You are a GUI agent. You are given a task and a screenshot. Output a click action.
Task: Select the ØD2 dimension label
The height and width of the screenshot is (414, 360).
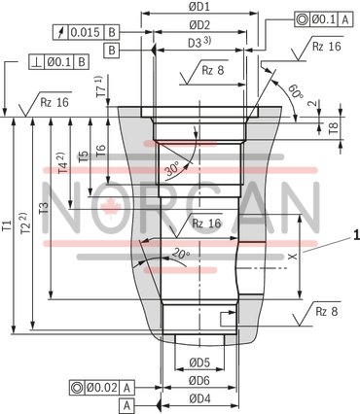(199, 24)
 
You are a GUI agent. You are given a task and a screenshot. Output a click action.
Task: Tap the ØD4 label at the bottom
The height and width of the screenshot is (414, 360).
(199, 397)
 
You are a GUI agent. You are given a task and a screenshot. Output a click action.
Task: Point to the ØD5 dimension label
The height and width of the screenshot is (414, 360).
(199, 362)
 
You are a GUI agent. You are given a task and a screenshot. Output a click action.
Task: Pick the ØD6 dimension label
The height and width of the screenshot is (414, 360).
(199, 380)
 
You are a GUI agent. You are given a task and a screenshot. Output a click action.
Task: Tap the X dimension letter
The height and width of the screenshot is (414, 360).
(292, 257)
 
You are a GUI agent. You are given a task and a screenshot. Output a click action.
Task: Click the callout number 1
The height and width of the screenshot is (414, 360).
(356, 233)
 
